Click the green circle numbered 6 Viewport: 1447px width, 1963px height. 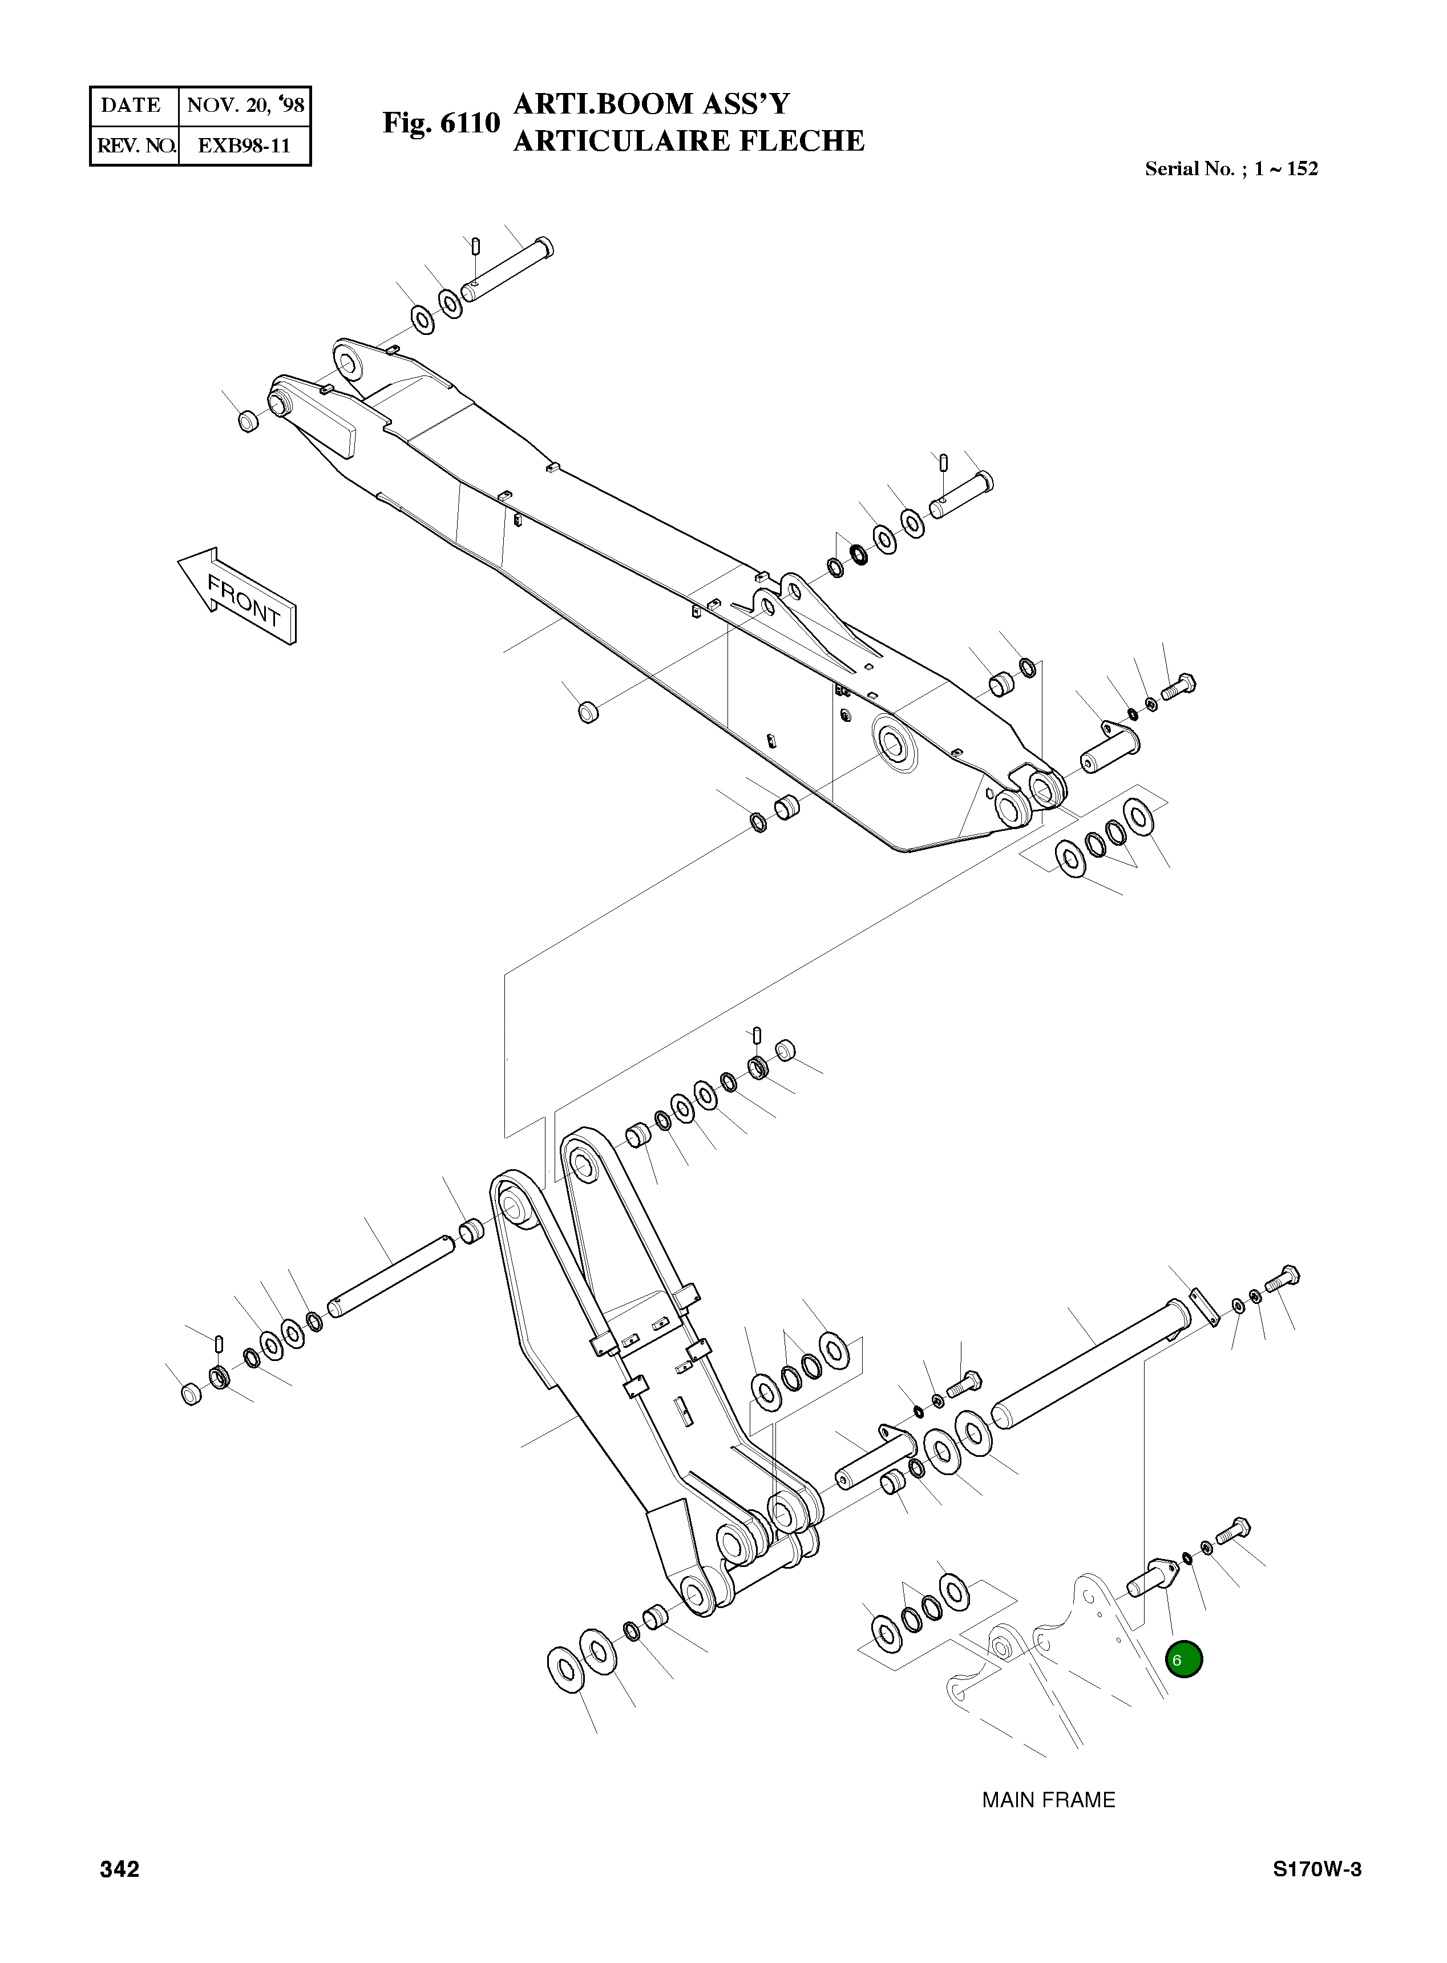pos(1183,1659)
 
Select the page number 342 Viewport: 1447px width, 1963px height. pos(120,1894)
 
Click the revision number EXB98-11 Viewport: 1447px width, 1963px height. pos(244,146)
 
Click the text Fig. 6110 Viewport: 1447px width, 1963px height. pos(440,123)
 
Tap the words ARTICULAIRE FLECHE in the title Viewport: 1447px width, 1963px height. pos(689,141)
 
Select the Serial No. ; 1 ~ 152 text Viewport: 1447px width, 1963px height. pos(1231,169)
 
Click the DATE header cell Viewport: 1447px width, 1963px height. pos(131,106)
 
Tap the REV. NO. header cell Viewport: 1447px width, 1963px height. pos(134,146)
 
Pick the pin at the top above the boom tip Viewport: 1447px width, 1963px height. pos(508,269)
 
